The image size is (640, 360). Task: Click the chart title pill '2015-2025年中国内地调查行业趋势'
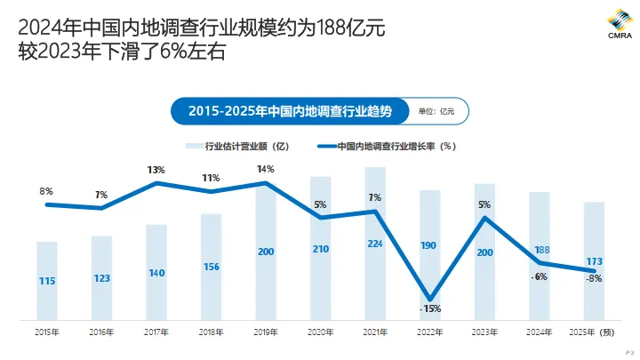[x=290, y=111]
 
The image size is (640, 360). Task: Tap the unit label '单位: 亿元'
[x=436, y=111]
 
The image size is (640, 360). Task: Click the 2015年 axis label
[x=47, y=332]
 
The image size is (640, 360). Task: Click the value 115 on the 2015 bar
[x=47, y=281]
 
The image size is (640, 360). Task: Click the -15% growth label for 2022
[x=430, y=309]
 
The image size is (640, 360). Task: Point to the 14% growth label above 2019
[x=265, y=169]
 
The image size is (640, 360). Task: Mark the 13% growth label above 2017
[x=156, y=169]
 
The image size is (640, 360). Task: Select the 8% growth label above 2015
[x=46, y=190]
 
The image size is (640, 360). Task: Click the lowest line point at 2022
[x=430, y=299]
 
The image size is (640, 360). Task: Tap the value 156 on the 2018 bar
[x=211, y=267]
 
